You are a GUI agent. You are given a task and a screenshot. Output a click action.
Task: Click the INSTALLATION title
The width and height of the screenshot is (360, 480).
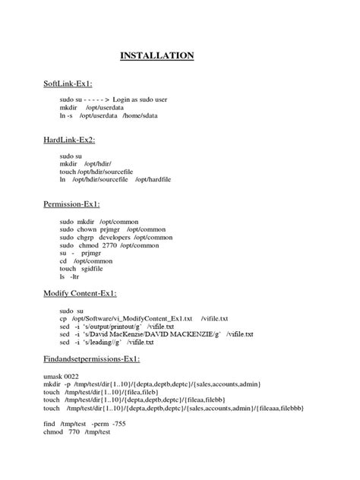[157, 55]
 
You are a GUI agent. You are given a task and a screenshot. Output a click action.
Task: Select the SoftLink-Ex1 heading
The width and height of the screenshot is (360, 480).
[71, 84]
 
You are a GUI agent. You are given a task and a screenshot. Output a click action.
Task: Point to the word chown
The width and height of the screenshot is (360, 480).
[87, 229]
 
